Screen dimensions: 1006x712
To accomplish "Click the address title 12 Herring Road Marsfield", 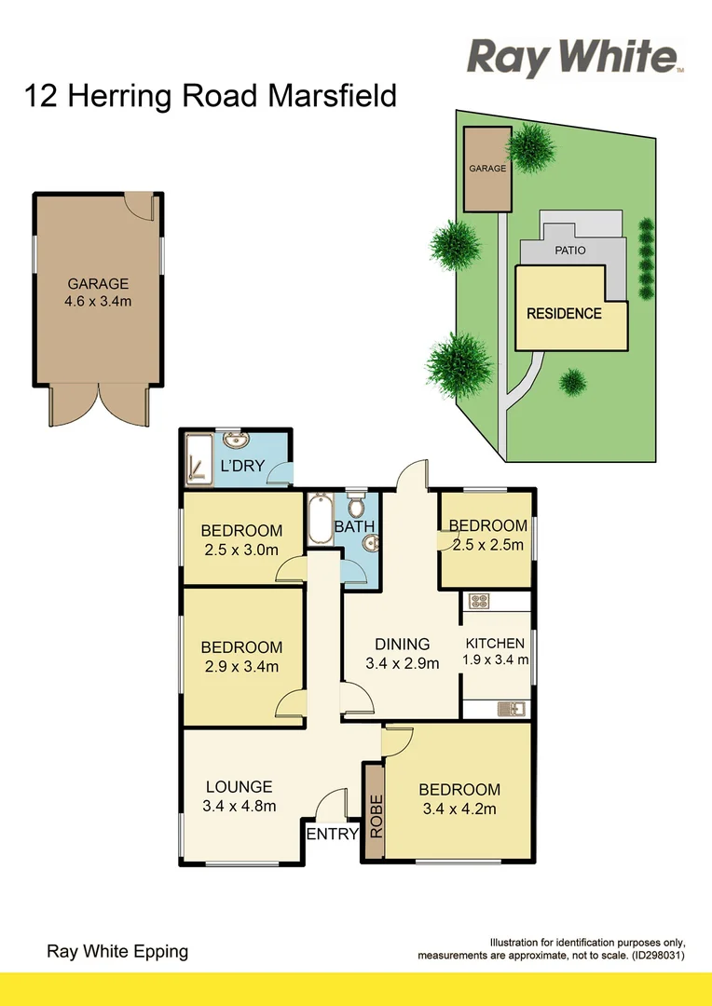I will pyautogui.click(x=211, y=96).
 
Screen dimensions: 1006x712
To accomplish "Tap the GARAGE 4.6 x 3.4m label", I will pyautogui.click(x=98, y=292).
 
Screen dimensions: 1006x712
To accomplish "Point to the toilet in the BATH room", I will pyautogui.click(x=355, y=506).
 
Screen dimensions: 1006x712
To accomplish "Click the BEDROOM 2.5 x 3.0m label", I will pyautogui.click(x=241, y=540).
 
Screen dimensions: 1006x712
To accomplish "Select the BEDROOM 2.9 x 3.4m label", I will pyautogui.click(x=241, y=657).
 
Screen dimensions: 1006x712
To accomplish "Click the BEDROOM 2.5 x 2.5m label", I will pyautogui.click(x=487, y=536).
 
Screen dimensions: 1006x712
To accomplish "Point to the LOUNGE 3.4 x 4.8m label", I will pyautogui.click(x=240, y=796).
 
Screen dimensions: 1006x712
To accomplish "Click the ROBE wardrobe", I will pyautogui.click(x=376, y=813).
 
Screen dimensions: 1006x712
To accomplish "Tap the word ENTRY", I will pyautogui.click(x=333, y=835).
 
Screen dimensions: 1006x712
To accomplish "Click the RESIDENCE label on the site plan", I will pyautogui.click(x=564, y=314).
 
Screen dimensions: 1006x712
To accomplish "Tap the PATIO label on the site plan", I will pyautogui.click(x=570, y=251).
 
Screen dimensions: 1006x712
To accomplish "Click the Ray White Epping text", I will pyautogui.click(x=117, y=951).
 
